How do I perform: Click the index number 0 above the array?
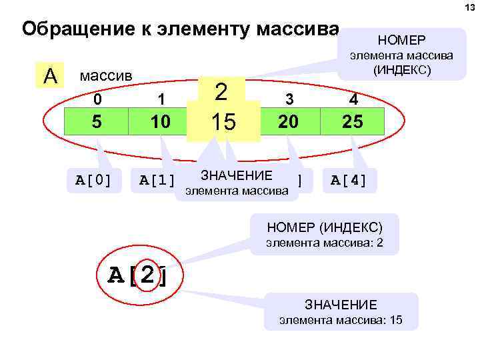[98, 99]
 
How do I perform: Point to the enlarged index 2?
[222, 91]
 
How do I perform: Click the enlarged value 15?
[223, 123]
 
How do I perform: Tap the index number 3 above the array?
[289, 99]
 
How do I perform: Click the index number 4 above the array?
[353, 99]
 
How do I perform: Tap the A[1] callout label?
[157, 181]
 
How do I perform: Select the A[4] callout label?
[349, 181]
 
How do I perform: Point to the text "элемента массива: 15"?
[341, 319]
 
